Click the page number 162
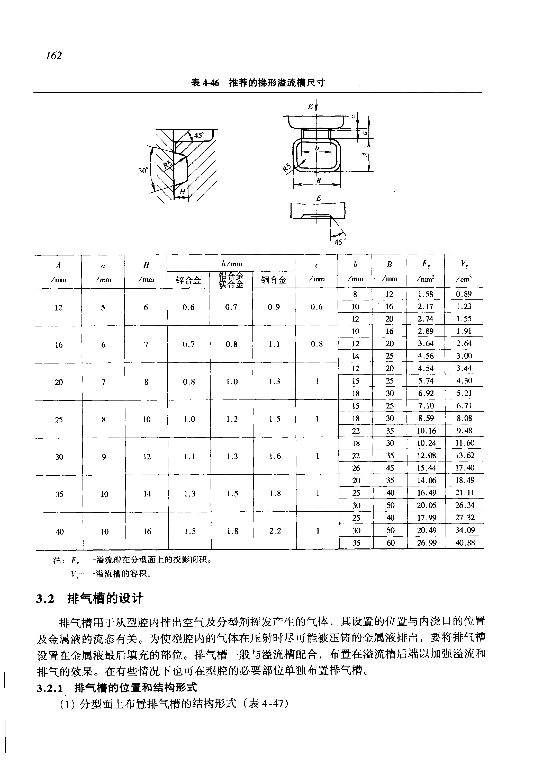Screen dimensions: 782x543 (x=54, y=56)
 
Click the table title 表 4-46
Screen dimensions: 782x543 (x=205, y=83)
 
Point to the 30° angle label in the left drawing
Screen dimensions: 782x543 (x=143, y=171)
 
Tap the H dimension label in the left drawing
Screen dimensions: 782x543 (x=182, y=192)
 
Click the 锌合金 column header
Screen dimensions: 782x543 (x=188, y=280)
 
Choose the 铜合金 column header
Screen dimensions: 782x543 (x=274, y=280)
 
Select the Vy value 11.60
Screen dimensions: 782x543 (x=465, y=443)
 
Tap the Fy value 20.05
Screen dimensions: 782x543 (x=426, y=505)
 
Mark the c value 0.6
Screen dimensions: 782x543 (x=316, y=307)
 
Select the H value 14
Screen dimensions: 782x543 (x=147, y=494)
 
